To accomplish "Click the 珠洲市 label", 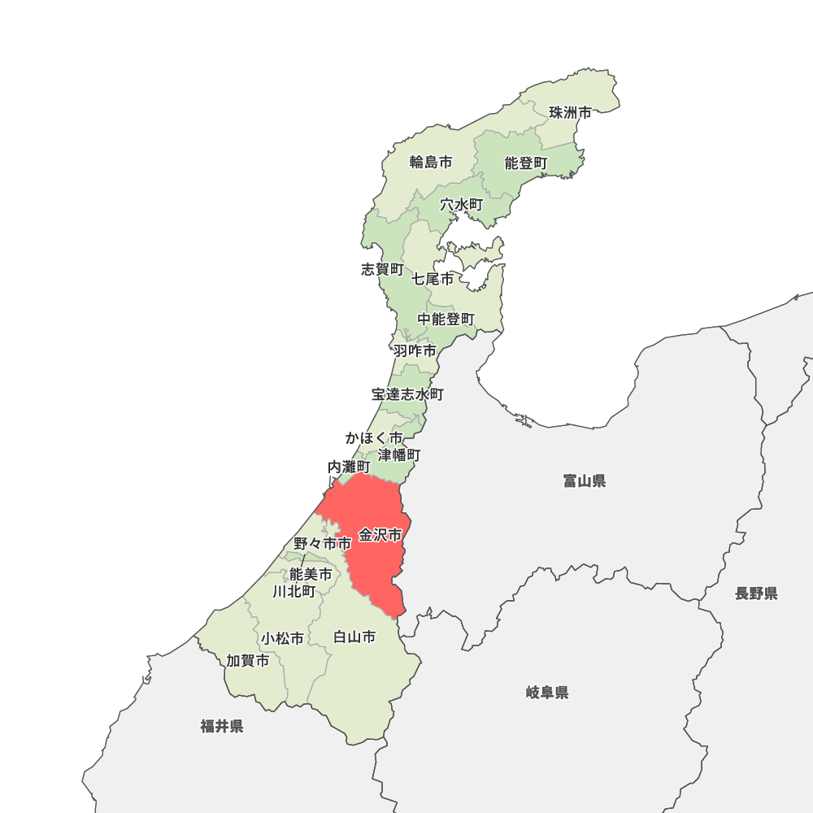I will click(570, 113).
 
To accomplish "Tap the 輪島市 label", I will click(431, 162).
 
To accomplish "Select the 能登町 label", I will click(526, 163).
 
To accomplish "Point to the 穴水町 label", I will click(462, 205).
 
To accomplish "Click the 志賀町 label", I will click(382, 269).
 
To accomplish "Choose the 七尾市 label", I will click(433, 279).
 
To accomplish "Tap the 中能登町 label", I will click(446, 320).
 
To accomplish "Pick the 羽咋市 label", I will click(415, 351).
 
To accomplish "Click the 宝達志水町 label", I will click(407, 394).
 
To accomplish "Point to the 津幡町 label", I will click(399, 454).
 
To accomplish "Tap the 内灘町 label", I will click(349, 467).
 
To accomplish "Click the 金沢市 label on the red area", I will click(380, 535).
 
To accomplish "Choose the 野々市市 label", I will click(323, 543).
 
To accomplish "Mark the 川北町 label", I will click(294, 591).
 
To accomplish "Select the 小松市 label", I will click(282, 639).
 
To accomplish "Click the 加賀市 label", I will click(248, 661).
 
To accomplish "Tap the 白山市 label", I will click(354, 637).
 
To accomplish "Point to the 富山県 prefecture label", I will click(585, 481).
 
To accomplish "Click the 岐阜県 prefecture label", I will click(547, 693).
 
